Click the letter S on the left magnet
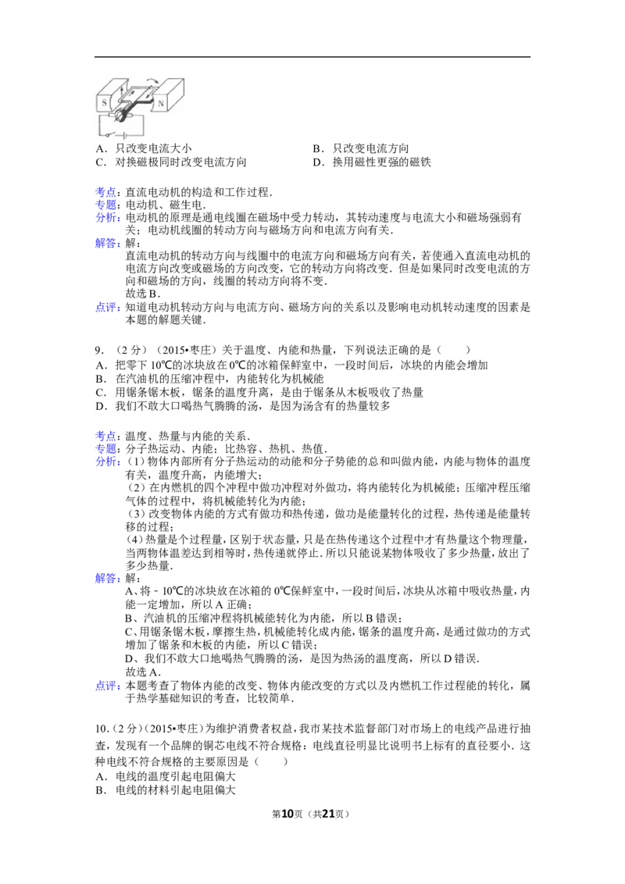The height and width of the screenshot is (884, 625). pyautogui.click(x=104, y=102)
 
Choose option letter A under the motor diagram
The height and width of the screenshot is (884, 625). pyautogui.click(x=100, y=148)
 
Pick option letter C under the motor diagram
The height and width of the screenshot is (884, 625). pyautogui.click(x=100, y=163)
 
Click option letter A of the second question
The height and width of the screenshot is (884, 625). pyautogui.click(x=100, y=365)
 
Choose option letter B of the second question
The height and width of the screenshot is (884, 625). pyautogui.click(x=100, y=379)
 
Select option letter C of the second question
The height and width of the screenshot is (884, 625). pyautogui.click(x=100, y=393)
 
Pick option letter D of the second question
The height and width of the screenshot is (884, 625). pyautogui.click(x=100, y=406)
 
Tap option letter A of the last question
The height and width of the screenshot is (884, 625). pyautogui.click(x=100, y=776)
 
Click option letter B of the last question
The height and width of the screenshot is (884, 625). pyautogui.click(x=100, y=790)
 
